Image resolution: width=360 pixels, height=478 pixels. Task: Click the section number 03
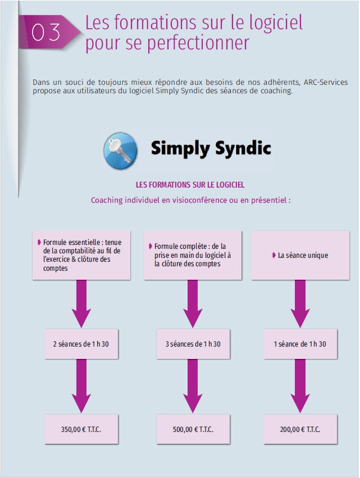pos(46,32)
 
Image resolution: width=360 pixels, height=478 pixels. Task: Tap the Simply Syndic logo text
pos(211,149)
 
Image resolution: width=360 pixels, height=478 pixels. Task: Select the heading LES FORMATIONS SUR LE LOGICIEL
pos(190,184)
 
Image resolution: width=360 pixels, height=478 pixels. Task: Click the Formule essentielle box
pos(81,255)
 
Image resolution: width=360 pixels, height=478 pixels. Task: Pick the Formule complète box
pos(193,255)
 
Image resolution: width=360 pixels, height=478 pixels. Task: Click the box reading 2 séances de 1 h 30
pos(81,344)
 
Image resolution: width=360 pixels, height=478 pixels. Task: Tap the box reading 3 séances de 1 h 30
pos(193,344)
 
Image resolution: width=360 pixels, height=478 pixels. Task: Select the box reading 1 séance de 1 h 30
pos(300,344)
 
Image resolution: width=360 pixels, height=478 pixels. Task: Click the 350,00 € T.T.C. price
pos(81,430)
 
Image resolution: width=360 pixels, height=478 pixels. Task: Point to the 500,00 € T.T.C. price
pos(193,430)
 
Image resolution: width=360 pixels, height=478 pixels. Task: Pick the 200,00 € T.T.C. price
pos(300,430)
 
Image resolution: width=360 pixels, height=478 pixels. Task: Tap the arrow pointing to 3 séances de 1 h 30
pos(193,303)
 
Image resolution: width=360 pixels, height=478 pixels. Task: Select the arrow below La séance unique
pos(300,303)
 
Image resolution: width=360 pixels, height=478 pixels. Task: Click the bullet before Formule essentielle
pos(39,242)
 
